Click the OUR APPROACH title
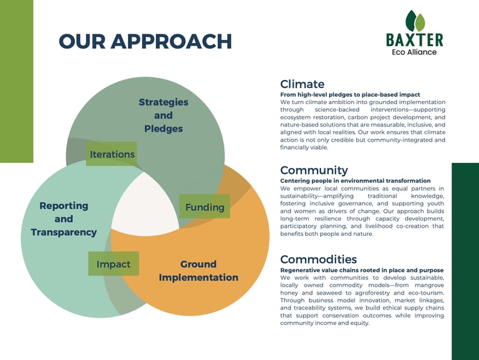click(x=145, y=41)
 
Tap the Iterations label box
click(x=111, y=153)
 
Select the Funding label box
click(x=205, y=207)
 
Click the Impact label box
click(x=114, y=264)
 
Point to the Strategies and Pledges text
click(x=163, y=115)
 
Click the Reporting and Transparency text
click(x=64, y=219)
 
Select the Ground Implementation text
click(x=198, y=270)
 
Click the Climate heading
click(x=302, y=84)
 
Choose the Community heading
click(x=314, y=170)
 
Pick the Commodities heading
click(x=318, y=259)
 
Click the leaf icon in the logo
click(x=415, y=21)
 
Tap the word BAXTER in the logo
click(x=415, y=40)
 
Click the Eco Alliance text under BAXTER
click(x=414, y=52)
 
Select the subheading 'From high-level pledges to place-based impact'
click(x=350, y=95)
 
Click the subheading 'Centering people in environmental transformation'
click(x=356, y=181)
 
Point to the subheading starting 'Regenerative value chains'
click(x=362, y=270)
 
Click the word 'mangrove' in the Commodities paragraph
click(x=430, y=285)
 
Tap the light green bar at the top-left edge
click(x=16, y=81)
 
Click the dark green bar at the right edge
click(x=465, y=261)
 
